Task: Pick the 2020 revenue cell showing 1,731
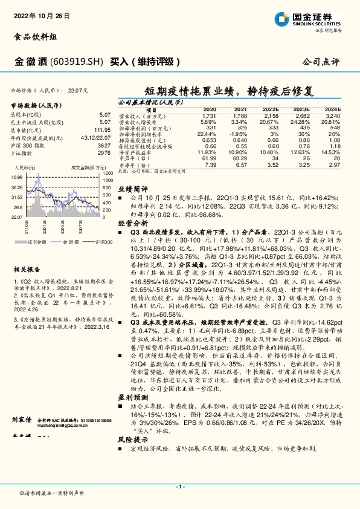click(x=210, y=115)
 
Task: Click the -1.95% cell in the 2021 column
click(x=240, y=133)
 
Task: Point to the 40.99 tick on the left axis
click(x=17, y=177)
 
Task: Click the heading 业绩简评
click(x=129, y=189)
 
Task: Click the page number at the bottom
click(x=179, y=486)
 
